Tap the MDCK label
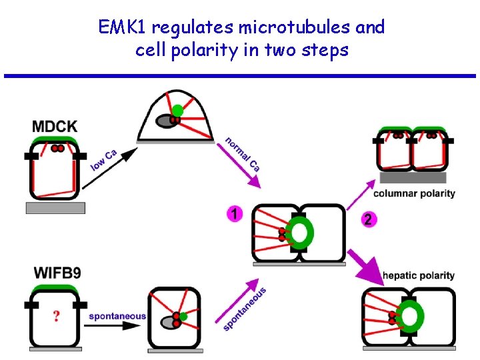pyautogui.click(x=55, y=125)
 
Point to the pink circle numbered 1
pyautogui.click(x=234, y=213)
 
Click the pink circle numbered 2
pyautogui.click(x=367, y=219)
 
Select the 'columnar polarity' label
pyautogui.click(x=414, y=193)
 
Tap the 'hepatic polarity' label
pyautogui.click(x=418, y=275)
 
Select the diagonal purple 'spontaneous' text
pyautogui.click(x=244, y=309)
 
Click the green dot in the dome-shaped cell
pyautogui.click(x=177, y=110)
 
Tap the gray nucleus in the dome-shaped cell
pyautogui.click(x=165, y=121)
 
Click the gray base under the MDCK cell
pyautogui.click(x=55, y=208)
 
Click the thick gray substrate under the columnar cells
pyautogui.click(x=411, y=177)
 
